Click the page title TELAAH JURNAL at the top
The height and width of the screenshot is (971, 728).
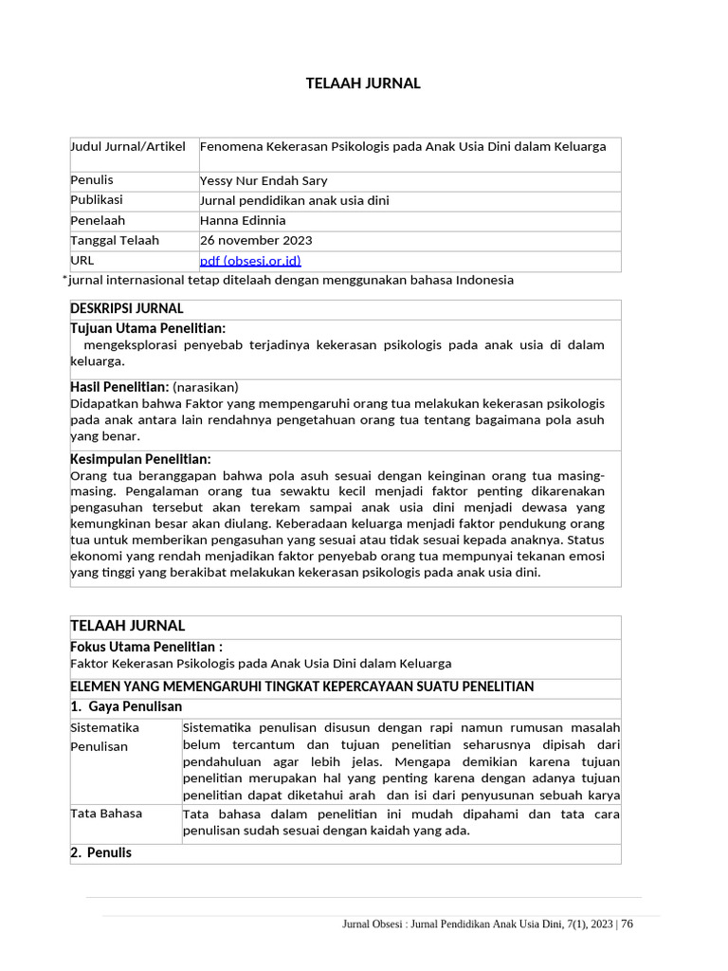[x=363, y=83]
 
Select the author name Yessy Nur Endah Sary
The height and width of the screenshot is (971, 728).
[x=264, y=181]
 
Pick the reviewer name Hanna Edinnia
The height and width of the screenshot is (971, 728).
[x=244, y=221]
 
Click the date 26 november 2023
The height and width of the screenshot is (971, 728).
[x=256, y=241]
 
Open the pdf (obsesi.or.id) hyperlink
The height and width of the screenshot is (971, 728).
[x=250, y=261]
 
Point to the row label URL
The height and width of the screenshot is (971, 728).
[x=82, y=260]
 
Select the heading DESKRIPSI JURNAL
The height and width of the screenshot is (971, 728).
[x=127, y=309]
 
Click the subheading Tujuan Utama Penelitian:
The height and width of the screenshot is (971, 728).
[x=148, y=328]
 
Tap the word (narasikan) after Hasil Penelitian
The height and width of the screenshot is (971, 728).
[x=206, y=387]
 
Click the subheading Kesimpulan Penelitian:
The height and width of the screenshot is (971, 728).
[x=141, y=459]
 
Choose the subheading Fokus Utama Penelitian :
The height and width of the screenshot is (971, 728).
[x=147, y=647]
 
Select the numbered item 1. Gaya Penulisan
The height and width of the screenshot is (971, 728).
[x=126, y=706]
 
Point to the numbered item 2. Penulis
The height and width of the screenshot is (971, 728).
[x=101, y=852]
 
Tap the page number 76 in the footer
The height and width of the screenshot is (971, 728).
[x=627, y=925]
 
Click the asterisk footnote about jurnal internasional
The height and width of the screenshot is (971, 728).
[x=288, y=281]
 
